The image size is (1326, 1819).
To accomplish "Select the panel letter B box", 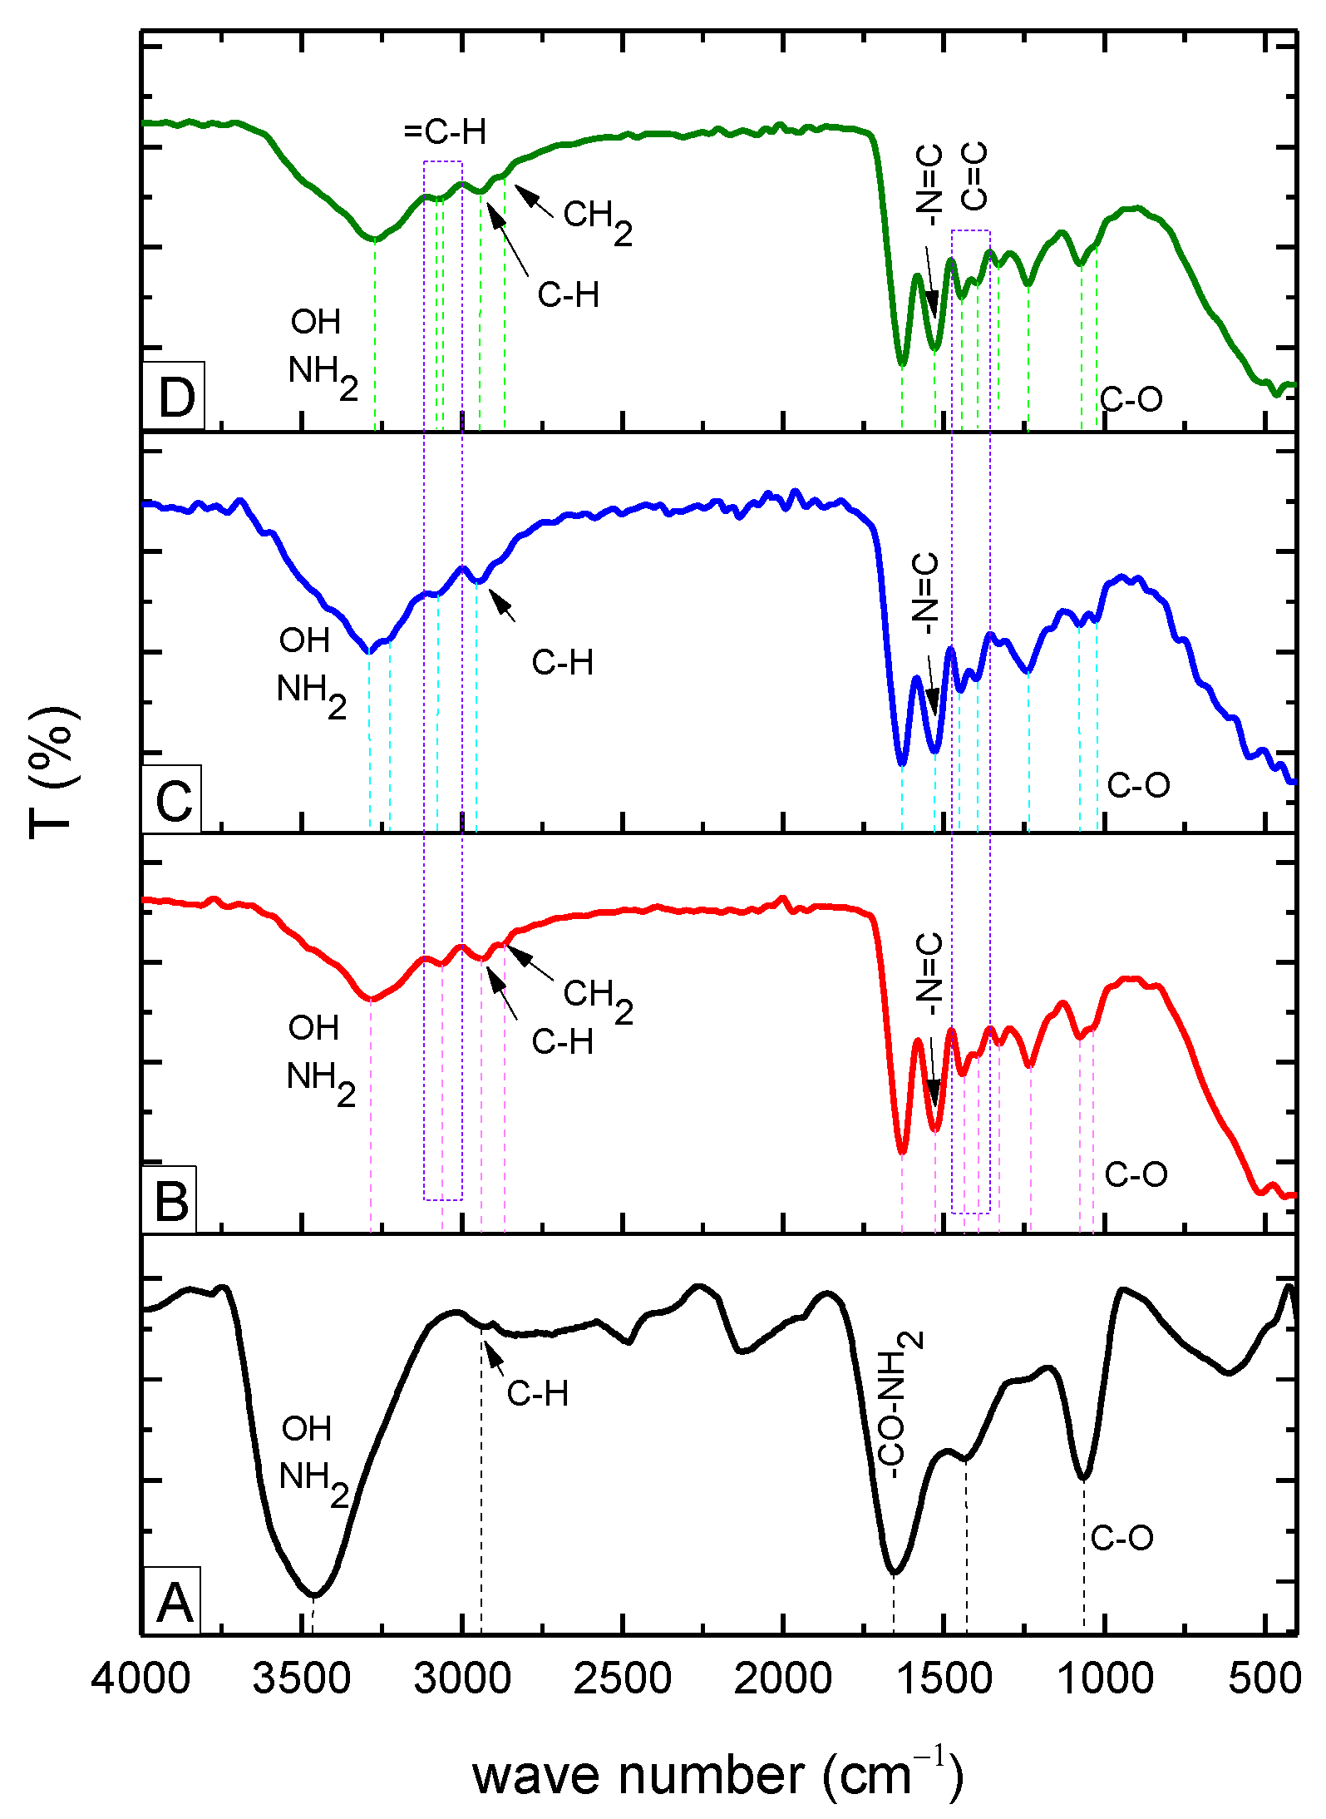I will click(x=171, y=1201).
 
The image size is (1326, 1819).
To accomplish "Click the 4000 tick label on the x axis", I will click(x=141, y=1678).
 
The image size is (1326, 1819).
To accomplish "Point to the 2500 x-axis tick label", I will click(x=623, y=1678).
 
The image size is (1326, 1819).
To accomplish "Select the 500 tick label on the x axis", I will click(x=1264, y=1678).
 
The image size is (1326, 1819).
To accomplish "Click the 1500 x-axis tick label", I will click(x=944, y=1678).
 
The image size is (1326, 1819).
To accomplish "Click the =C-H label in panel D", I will click(x=445, y=132).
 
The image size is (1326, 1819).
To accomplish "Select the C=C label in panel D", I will click(x=974, y=175).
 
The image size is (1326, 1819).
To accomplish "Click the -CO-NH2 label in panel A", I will click(x=900, y=1405).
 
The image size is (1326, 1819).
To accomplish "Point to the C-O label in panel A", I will click(x=1121, y=1537).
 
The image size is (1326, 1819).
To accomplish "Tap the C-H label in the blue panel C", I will click(x=563, y=662).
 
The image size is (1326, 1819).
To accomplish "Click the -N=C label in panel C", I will click(x=925, y=591).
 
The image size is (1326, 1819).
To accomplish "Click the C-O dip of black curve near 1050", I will click(x=1083, y=1478).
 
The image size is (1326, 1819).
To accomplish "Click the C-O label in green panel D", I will click(x=1131, y=399).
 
